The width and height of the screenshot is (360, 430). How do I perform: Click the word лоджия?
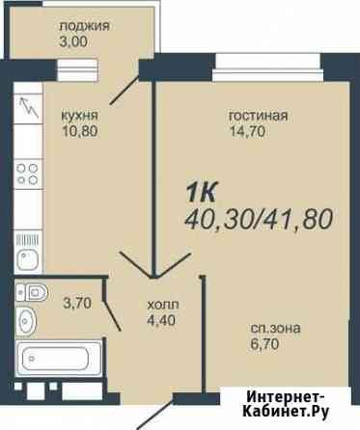(x=84, y=26)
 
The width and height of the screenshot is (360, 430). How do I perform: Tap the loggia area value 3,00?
(x=73, y=42)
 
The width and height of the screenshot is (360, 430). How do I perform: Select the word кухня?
(x=79, y=116)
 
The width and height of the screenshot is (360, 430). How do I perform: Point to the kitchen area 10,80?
(x=80, y=131)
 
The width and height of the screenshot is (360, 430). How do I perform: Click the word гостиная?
(x=258, y=116)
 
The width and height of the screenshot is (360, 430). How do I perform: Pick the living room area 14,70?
(x=248, y=131)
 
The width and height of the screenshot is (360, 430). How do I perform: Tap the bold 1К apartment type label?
(x=202, y=192)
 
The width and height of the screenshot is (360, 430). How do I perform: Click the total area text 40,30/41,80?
(x=259, y=219)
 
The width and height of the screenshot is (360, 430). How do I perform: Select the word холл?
(x=163, y=305)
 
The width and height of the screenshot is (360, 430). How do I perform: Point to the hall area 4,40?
(x=161, y=320)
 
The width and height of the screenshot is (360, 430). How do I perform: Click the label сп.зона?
(x=276, y=329)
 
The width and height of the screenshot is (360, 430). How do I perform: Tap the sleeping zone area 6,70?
(x=264, y=344)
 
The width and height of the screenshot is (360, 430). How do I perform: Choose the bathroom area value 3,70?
(x=78, y=303)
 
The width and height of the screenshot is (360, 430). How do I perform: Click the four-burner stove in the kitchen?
(x=28, y=174)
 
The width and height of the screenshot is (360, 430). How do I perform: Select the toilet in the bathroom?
(x=32, y=293)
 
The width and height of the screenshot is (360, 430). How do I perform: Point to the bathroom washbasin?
(x=26, y=321)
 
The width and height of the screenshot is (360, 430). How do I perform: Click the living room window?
(x=267, y=67)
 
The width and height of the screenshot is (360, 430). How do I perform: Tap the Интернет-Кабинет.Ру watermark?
(x=286, y=405)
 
